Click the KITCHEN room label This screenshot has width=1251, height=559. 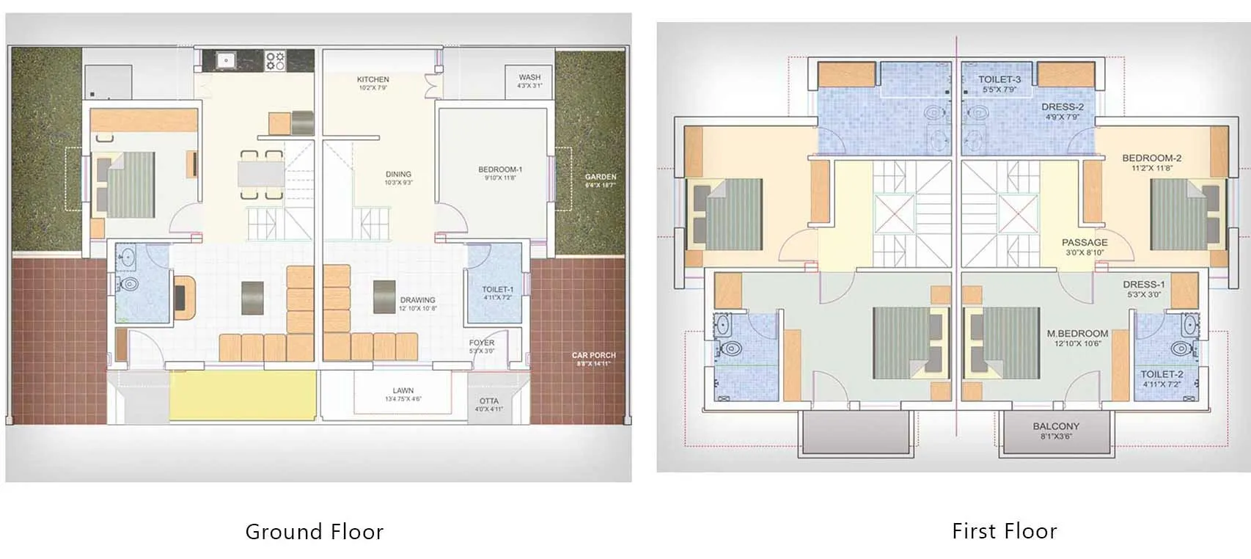tap(373, 80)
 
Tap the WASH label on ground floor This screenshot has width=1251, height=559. tap(529, 77)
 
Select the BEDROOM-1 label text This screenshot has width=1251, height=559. tap(500, 169)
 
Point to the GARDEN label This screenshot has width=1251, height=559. tap(601, 177)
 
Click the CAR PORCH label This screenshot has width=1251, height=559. tap(593, 355)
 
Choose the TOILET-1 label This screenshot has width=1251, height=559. tap(497, 290)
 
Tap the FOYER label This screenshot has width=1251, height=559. tap(482, 343)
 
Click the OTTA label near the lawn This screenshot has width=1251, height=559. tap(488, 401)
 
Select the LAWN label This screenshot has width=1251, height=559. tap(403, 391)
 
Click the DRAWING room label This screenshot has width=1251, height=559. tap(417, 300)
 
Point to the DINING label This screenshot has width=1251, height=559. tap(398, 175)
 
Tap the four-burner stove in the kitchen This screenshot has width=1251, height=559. tap(275, 60)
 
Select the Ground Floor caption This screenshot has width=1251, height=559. tap(314, 531)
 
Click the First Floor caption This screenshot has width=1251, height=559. tap(1004, 530)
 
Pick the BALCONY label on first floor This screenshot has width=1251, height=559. tap(1056, 426)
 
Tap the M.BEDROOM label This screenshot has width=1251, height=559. tap(1077, 334)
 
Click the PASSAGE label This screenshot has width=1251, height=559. tap(1085, 243)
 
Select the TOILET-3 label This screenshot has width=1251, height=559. tap(999, 79)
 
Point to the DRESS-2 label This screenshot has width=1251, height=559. tap(1062, 107)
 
